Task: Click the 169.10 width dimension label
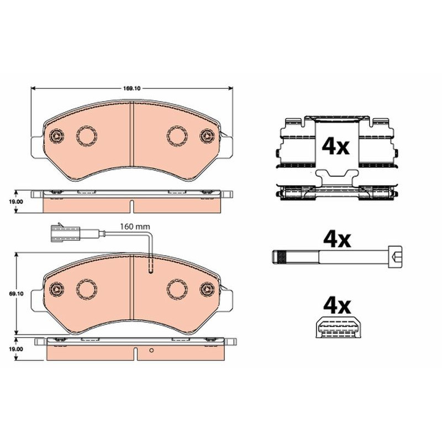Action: coord(131,88)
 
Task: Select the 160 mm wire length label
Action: coord(135,227)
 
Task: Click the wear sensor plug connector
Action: coord(65,233)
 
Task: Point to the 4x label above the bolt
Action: coord(337,240)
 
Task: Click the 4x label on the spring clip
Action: coord(335,146)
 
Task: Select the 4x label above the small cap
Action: coord(337,306)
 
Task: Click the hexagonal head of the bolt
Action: coord(395,256)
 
